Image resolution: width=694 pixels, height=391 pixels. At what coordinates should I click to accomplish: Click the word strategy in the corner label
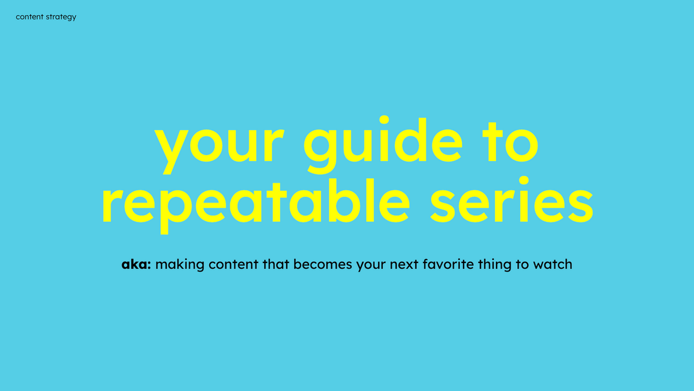coord(61,17)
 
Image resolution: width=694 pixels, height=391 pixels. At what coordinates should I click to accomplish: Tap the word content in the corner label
coord(30,17)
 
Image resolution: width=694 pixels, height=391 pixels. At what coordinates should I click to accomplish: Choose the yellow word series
coord(512,200)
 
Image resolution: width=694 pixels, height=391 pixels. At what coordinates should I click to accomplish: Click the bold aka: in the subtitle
coord(136,264)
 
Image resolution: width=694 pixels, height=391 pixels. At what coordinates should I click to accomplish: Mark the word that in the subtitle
coord(276,264)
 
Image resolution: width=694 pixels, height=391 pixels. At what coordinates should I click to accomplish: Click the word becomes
coord(322,264)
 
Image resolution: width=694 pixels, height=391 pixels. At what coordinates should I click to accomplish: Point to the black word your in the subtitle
coord(370,266)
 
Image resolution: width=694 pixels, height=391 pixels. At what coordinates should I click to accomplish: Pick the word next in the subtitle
coord(404,265)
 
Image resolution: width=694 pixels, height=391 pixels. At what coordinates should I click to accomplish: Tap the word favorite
coord(448,264)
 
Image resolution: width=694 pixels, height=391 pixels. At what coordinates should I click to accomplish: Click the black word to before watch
coord(522,265)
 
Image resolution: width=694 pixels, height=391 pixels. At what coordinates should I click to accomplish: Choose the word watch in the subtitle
coord(552,264)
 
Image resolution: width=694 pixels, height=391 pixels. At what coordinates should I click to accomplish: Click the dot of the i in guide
coord(384,120)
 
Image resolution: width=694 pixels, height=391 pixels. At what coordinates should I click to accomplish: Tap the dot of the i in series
coord(524,180)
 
